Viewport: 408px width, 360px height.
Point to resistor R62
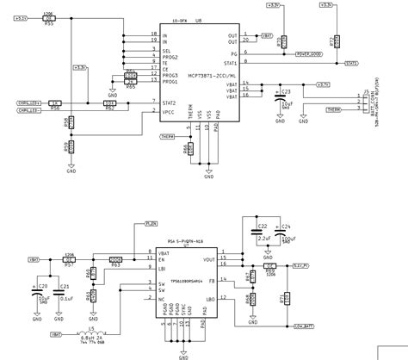point(109,104)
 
